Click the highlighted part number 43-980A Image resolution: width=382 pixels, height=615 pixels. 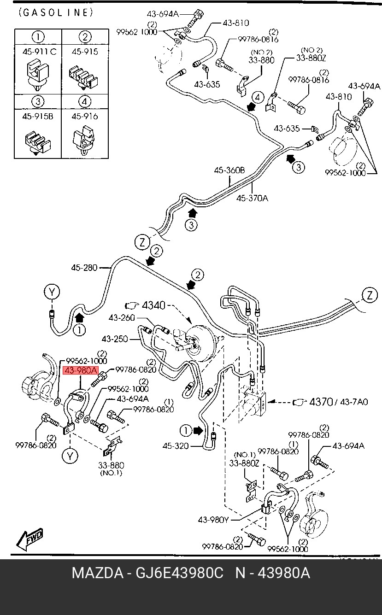[81, 370]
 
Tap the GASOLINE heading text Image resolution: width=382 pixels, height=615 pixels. [56, 12]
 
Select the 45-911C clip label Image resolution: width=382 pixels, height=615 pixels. [39, 52]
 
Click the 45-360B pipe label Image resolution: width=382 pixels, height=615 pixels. [229, 170]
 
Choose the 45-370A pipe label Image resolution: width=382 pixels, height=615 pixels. [252, 198]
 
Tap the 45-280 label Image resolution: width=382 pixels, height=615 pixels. [84, 267]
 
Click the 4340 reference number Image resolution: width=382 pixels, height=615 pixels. [153, 305]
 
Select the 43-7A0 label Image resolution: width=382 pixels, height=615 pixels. [354, 402]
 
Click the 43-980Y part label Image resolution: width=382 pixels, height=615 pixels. [213, 520]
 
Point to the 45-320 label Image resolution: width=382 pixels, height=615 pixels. [176, 445]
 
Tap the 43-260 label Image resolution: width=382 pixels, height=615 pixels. [122, 318]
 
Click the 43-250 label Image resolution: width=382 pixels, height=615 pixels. [115, 339]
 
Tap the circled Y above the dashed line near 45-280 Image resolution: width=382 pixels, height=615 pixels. [52, 292]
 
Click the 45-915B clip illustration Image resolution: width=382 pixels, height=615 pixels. [37, 142]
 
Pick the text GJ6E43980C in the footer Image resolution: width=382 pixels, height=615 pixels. [180, 573]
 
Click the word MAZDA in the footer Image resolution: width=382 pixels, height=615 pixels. [98, 573]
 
